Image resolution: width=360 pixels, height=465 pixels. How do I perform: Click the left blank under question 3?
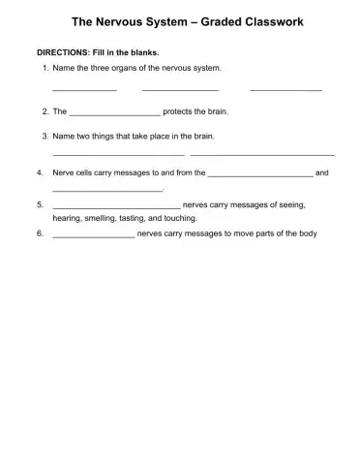(117, 154)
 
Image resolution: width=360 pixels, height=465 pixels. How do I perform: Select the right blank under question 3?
(262, 154)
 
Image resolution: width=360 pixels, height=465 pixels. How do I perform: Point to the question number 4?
(38, 172)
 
